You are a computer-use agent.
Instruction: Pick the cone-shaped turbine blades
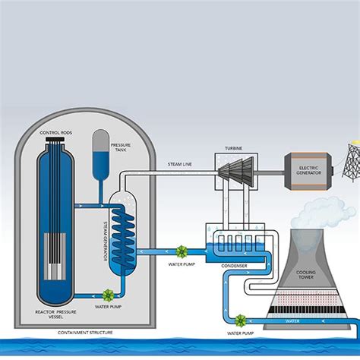(x=233, y=171)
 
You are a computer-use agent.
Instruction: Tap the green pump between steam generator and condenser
(x=182, y=251)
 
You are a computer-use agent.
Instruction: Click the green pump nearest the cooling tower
(x=241, y=321)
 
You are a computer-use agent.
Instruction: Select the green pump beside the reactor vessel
(x=108, y=295)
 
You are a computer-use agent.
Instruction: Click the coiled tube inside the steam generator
(x=121, y=232)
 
